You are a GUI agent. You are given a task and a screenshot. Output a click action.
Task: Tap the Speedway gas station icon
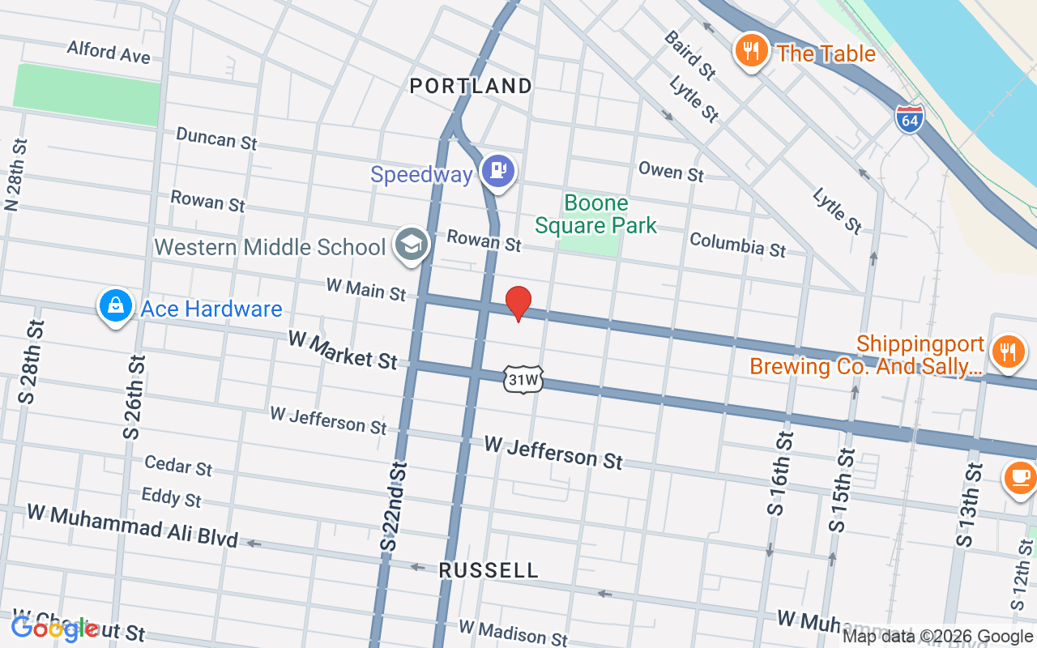tap(498, 171)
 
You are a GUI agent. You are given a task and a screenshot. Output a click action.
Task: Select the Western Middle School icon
tap(411, 245)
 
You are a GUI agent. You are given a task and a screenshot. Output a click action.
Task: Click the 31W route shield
tap(523, 379)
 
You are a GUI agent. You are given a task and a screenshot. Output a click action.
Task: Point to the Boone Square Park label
tap(595, 214)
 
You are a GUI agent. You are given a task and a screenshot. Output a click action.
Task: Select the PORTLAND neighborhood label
tap(471, 86)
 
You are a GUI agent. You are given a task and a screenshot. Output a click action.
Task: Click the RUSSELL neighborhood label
tap(489, 570)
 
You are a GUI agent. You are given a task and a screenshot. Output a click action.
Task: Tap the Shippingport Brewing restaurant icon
tap(1007, 352)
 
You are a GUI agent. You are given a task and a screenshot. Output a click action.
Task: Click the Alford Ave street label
tap(109, 52)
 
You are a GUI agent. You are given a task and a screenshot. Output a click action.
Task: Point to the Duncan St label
tap(216, 138)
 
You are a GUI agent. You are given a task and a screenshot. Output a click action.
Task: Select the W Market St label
tap(343, 349)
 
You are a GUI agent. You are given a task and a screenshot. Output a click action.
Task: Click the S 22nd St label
tap(394, 507)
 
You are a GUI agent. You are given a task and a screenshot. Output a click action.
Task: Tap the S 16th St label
tap(779, 473)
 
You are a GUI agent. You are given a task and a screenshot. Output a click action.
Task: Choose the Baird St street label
tap(689, 55)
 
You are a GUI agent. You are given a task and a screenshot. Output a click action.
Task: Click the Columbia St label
tap(737, 245)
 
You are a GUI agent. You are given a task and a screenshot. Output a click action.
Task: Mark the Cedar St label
tap(178, 465)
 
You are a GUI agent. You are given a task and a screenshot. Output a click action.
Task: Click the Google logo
tap(55, 629)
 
